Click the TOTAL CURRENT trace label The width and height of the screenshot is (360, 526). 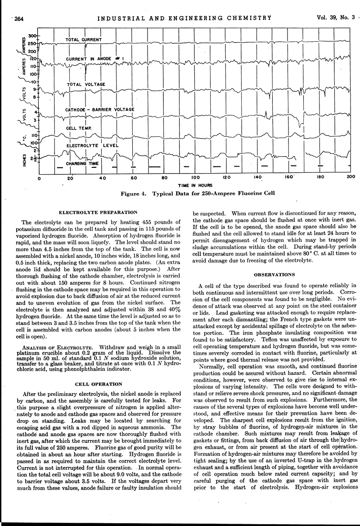click(84, 40)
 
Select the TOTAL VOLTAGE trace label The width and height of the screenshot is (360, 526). click(86, 84)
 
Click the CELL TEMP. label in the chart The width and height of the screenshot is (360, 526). click(79, 128)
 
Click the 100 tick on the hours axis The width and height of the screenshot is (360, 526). click(196, 179)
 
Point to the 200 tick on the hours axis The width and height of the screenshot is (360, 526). click(351, 178)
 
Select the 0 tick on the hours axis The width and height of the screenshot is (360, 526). click(39, 179)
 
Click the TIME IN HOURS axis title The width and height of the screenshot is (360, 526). click(195, 185)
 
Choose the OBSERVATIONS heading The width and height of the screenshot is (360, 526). click(274, 274)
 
